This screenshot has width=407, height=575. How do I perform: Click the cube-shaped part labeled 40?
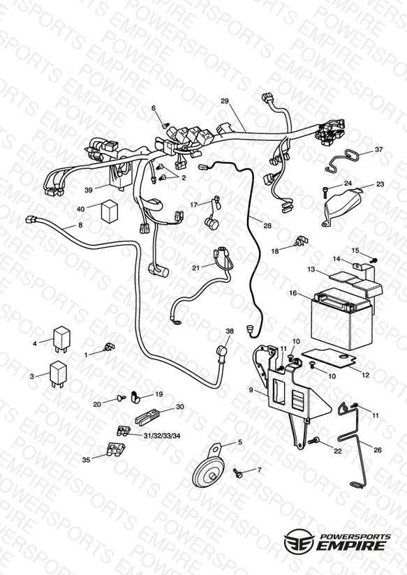pyautogui.click(x=110, y=211)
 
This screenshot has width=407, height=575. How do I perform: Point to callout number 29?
pyautogui.click(x=225, y=101)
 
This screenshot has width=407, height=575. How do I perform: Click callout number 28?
pyautogui.click(x=267, y=225)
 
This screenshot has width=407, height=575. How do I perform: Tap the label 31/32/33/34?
pyautogui.click(x=162, y=435)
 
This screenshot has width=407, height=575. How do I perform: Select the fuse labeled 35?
pyautogui.click(x=116, y=448)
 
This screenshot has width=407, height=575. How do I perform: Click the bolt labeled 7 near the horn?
pyautogui.click(x=238, y=473)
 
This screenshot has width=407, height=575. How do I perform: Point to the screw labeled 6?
pyautogui.click(x=165, y=126)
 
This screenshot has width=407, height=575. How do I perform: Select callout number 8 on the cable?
pyautogui.click(x=80, y=225)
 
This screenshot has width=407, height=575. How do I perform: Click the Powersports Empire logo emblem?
pyautogui.click(x=299, y=541)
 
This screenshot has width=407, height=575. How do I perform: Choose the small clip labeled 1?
pyautogui.click(x=110, y=347)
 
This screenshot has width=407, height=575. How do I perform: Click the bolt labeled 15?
pyautogui.click(x=373, y=260)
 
